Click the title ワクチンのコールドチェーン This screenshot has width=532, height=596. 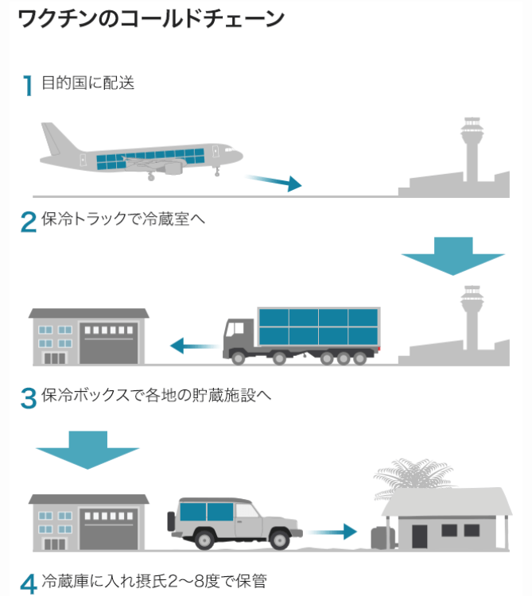coord(150,19)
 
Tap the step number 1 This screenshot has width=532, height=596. coord(29,85)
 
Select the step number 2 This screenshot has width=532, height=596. coord(29,222)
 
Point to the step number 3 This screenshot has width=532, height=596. coord(29,397)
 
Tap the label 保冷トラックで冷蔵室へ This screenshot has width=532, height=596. coord(125,219)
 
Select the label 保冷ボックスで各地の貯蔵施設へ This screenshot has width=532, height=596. coord(157,394)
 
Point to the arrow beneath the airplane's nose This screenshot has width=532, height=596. coord(274,184)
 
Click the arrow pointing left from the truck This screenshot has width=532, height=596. coord(192,346)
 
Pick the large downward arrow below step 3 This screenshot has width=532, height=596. coord(87,450)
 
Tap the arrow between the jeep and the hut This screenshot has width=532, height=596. coord(334,530)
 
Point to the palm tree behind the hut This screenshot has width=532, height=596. coord(413,474)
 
